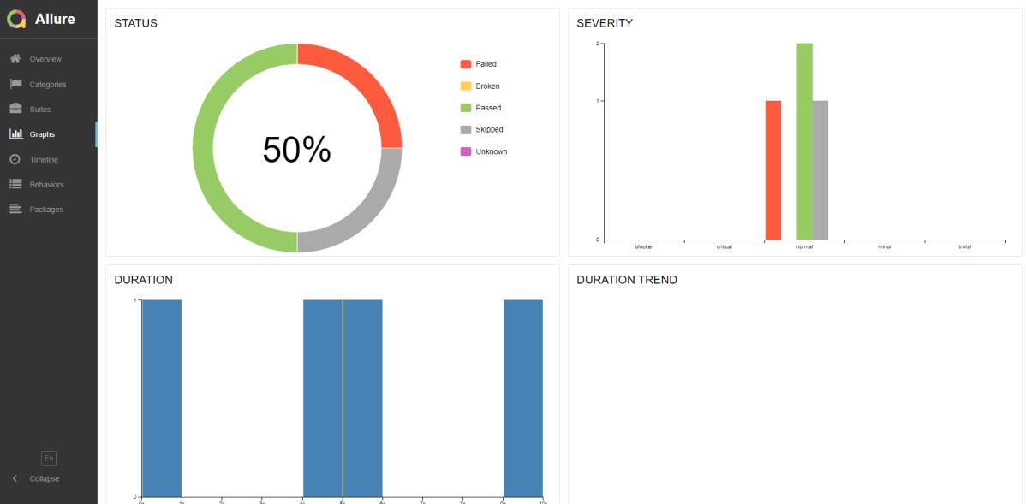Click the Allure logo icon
pyautogui.click(x=16, y=19)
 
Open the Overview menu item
pyautogui.click(x=45, y=59)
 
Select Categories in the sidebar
pyautogui.click(x=47, y=85)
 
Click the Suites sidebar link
pyautogui.click(x=40, y=110)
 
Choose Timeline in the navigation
pyautogui.click(x=44, y=160)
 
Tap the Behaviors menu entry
pyautogui.click(x=46, y=185)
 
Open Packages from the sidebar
pyautogui.click(x=45, y=210)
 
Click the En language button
pyautogui.click(x=49, y=459)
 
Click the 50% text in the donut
pyautogui.click(x=296, y=150)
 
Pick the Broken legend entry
pyautogui.click(x=487, y=86)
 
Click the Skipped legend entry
pyautogui.click(x=489, y=130)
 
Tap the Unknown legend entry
pyautogui.click(x=491, y=152)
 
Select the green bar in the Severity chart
pyautogui.click(x=804, y=141)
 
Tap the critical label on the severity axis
pyautogui.click(x=724, y=246)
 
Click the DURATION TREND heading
pyautogui.click(x=626, y=280)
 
